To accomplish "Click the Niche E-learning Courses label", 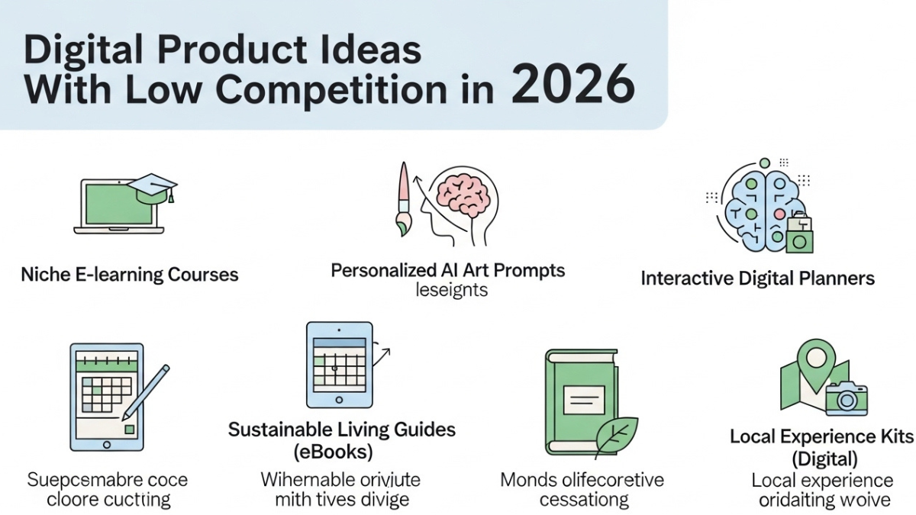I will click(129, 275).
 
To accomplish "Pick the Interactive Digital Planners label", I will click(757, 278).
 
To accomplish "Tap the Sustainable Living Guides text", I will click(342, 430).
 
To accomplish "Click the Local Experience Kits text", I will click(821, 436).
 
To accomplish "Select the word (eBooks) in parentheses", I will click(334, 452).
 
